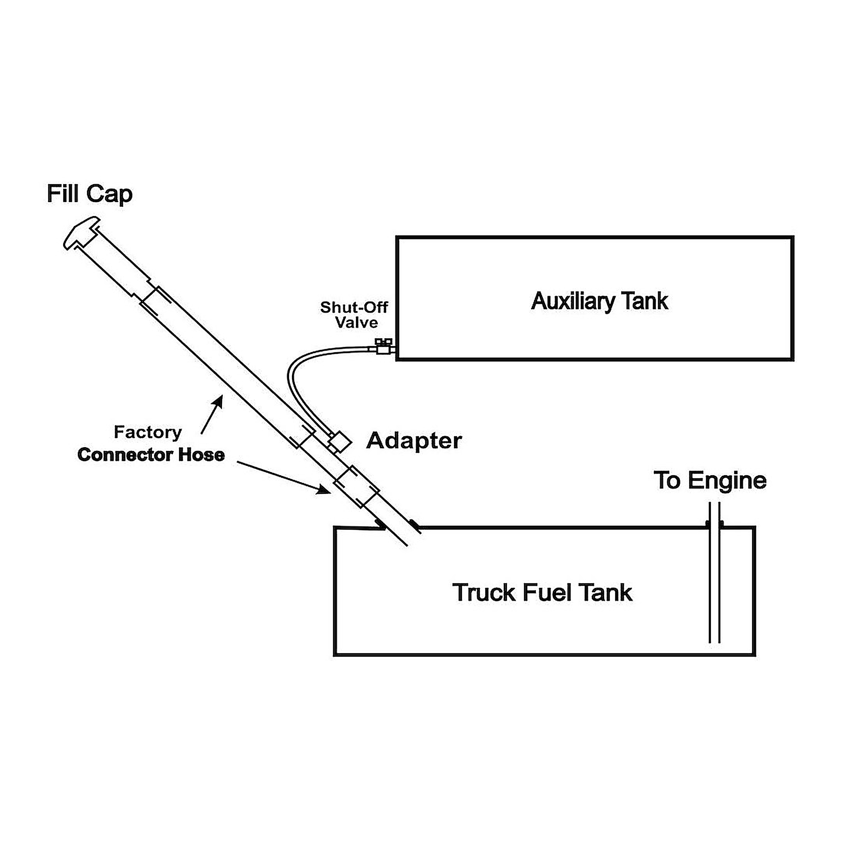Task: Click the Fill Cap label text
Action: tap(90, 194)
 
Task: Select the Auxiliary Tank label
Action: tap(599, 301)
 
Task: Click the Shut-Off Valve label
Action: tap(354, 315)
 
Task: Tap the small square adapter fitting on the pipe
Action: tap(340, 442)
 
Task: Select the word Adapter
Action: tap(414, 441)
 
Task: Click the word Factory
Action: tap(148, 433)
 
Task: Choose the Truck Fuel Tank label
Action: tap(542, 592)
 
